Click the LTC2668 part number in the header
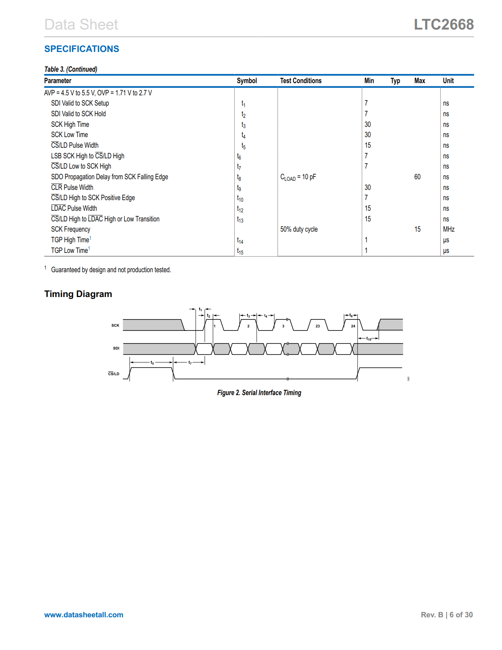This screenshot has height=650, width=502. click(443, 24)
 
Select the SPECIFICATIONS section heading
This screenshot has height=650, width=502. click(82, 49)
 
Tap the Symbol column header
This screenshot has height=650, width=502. click(246, 81)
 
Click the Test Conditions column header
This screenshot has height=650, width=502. click(300, 81)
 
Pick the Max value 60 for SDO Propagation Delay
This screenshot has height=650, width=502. click(417, 177)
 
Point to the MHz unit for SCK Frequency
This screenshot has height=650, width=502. click(448, 229)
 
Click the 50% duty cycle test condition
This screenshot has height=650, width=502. click(299, 229)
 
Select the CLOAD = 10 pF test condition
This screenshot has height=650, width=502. click(298, 177)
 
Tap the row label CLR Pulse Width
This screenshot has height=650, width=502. click(72, 188)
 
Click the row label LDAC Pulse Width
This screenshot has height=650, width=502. click(74, 208)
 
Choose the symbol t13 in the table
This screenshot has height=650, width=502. click(240, 219)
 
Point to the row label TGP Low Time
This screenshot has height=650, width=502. click(70, 251)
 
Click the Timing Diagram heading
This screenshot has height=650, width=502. click(78, 294)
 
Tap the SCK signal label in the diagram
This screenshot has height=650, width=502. click(115, 325)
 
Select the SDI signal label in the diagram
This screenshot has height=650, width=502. click(116, 348)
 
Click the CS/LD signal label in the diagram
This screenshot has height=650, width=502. click(113, 374)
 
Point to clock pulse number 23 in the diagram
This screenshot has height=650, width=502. click(318, 326)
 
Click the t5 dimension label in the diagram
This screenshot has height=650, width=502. click(152, 362)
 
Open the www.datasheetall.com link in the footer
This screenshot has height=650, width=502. click(83, 615)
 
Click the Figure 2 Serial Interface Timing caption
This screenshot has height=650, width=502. click(259, 393)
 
